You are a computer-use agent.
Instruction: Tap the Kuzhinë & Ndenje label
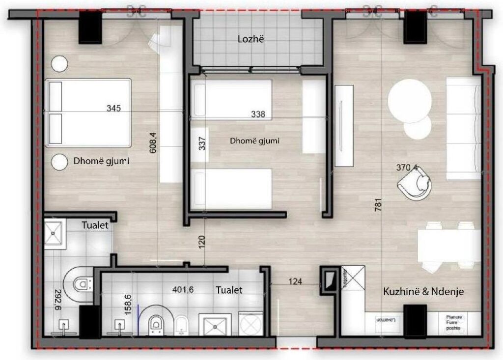(423, 292)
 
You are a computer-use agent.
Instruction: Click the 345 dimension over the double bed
(113, 108)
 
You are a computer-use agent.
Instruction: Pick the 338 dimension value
(257, 114)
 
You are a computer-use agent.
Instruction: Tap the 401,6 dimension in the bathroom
(183, 290)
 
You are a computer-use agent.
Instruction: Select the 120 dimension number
(202, 242)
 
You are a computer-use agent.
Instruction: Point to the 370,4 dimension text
(407, 167)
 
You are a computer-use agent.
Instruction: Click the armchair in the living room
(417, 185)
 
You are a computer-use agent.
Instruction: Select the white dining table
(448, 246)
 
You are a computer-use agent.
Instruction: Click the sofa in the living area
(463, 128)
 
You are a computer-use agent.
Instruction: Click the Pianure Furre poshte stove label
(454, 322)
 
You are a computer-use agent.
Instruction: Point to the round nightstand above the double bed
(60, 63)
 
